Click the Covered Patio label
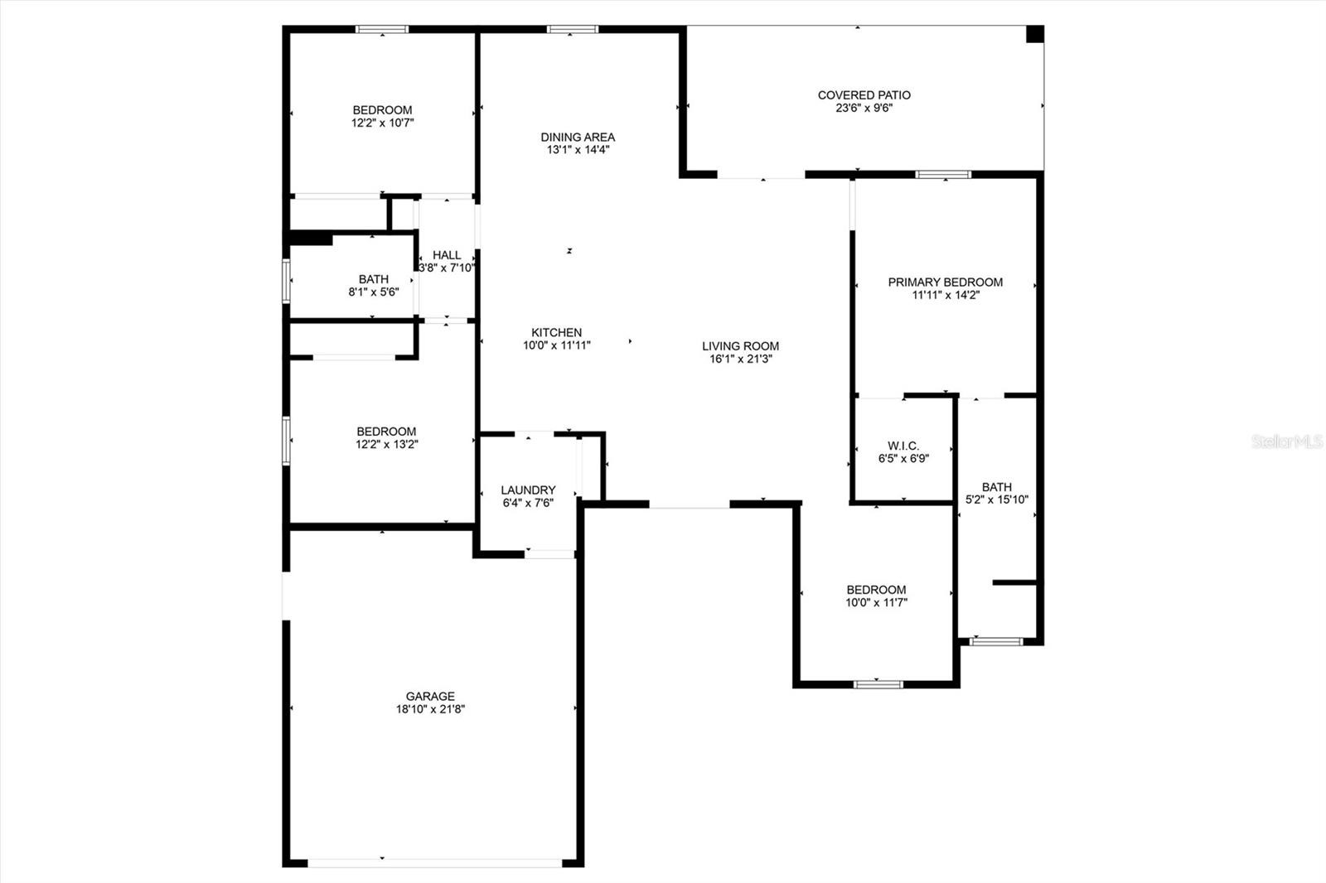tap(864, 94)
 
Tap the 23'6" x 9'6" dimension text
tap(864, 108)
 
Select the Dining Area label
tap(578, 137)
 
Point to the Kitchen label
tap(556, 332)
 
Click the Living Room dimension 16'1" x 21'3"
tap(741, 359)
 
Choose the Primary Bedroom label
tap(946, 282)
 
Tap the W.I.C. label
tap(903, 445)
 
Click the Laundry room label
tap(528, 490)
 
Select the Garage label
tap(430, 696)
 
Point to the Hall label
tap(447, 254)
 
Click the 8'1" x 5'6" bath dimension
tap(374, 292)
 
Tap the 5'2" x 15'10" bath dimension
tap(997, 499)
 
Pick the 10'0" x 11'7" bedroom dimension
tap(876, 602)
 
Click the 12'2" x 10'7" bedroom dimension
tap(382, 123)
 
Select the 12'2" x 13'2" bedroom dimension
tap(386, 445)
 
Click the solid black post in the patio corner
tap(1035, 34)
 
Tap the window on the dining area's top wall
tap(573, 29)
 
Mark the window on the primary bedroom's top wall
tap(943, 174)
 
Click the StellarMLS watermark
tap(1287, 441)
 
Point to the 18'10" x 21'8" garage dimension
tap(430, 709)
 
